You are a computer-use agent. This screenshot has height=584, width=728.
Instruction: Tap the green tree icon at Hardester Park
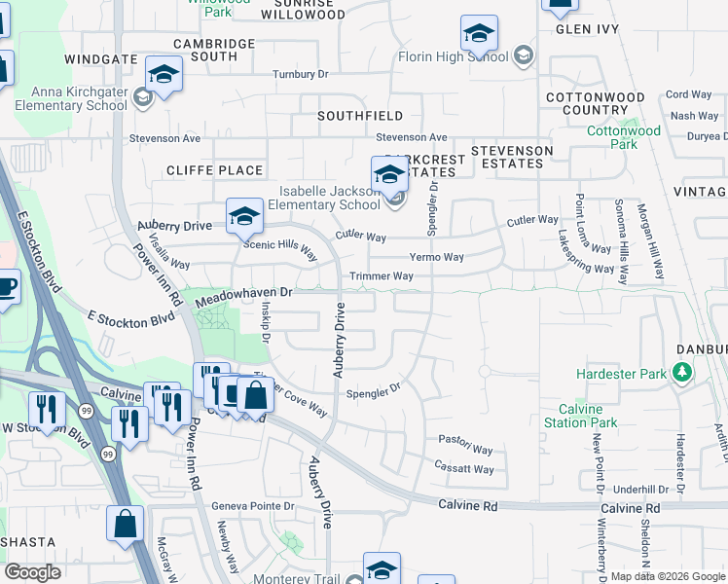[x=683, y=372]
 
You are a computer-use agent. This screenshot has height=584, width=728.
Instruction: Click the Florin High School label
[x=454, y=56]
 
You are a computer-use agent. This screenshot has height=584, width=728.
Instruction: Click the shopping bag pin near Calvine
[x=255, y=395]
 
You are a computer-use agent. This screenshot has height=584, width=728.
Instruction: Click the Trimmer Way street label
[x=382, y=276]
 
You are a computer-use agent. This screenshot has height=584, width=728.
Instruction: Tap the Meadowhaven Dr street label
[x=244, y=292]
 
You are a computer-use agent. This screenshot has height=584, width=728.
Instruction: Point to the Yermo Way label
[x=435, y=257]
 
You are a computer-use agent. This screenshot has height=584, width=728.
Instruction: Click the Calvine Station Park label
[x=588, y=416]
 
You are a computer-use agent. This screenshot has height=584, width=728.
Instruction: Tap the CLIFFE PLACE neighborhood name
[x=214, y=170]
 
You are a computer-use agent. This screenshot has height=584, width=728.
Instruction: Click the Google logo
[x=32, y=571]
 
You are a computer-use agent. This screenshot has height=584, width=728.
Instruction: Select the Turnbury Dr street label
[x=301, y=74]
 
